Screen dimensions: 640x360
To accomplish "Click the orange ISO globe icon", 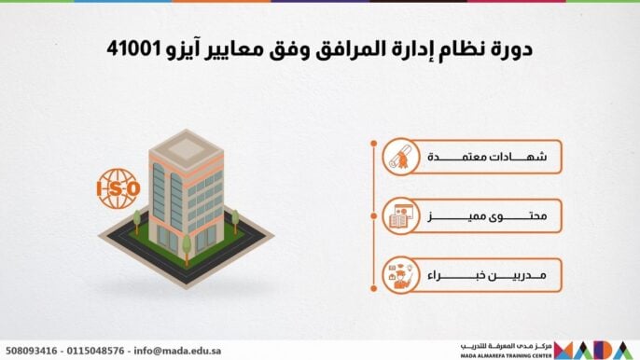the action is [x=118, y=188].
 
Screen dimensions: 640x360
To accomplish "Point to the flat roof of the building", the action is [x=187, y=147].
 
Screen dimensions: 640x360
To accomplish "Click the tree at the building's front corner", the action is [x=187, y=250].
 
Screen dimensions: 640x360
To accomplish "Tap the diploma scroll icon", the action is [x=400, y=157].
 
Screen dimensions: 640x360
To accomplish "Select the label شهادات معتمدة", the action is [x=487, y=157].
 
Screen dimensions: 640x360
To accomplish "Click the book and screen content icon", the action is [x=400, y=216].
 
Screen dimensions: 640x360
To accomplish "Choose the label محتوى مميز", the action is [x=487, y=216].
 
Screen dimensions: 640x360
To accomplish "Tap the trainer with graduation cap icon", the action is [x=400, y=275].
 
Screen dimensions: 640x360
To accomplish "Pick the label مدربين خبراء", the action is [x=487, y=275].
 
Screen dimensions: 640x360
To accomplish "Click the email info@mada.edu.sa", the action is [x=177, y=351].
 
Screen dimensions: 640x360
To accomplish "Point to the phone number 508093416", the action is [x=32, y=351].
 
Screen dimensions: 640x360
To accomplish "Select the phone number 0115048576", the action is [x=95, y=351].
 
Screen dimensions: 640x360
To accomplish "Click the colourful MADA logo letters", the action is [x=594, y=350].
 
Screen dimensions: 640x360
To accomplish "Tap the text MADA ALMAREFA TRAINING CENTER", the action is [x=506, y=356].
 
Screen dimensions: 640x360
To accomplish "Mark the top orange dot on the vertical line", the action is [x=373, y=144].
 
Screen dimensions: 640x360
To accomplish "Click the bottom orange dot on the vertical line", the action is [x=373, y=288].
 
